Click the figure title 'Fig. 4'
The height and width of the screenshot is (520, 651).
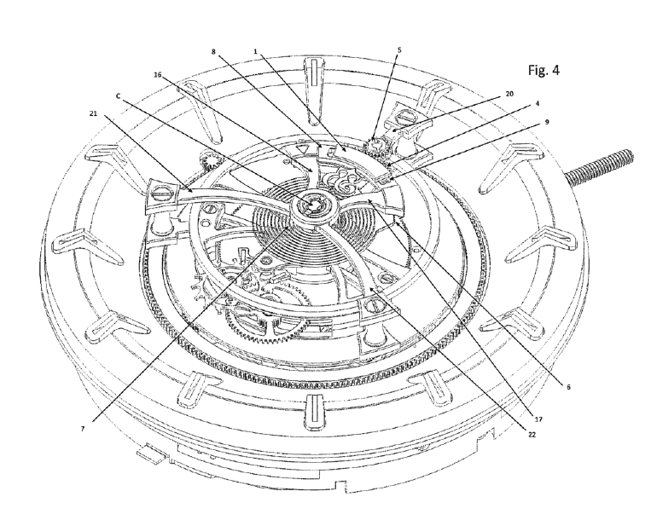[x=543, y=70]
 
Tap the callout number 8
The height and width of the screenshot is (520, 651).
[x=213, y=52]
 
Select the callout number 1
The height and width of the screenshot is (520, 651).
[x=256, y=52]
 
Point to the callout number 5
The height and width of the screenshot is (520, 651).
[x=399, y=50]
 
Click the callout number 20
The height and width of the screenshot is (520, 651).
[x=509, y=94]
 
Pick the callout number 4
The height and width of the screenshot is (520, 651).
[x=538, y=104]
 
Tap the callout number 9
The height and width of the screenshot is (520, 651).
[x=547, y=122]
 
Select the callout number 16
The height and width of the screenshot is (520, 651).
[x=157, y=75]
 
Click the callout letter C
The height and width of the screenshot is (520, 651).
[x=118, y=96]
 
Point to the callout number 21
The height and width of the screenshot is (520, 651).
[x=93, y=113]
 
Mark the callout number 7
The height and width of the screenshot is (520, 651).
[x=83, y=429]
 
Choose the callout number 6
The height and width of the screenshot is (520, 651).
[x=568, y=387]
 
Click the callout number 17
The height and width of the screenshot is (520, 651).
[x=538, y=419]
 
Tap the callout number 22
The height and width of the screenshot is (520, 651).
[x=532, y=435]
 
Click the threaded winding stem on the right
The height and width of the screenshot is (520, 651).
[x=599, y=166]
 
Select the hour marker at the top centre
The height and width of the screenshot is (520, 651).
[x=315, y=90]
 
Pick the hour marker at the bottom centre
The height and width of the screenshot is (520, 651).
[x=314, y=412]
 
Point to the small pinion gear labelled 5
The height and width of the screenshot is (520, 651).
[x=377, y=147]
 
